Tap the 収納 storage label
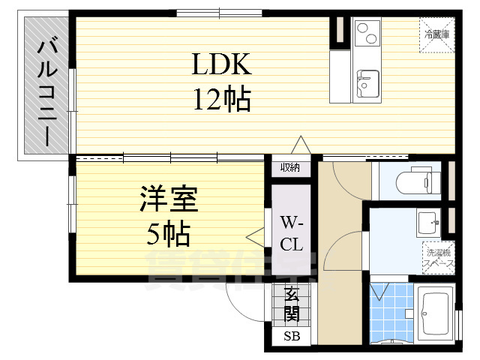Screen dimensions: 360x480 (x=290, y=168)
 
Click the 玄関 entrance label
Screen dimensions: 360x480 (x=291, y=306)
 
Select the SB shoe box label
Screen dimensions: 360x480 (x=291, y=337)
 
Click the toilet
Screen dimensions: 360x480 (x=415, y=181)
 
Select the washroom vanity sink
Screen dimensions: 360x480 (x=427, y=223)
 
